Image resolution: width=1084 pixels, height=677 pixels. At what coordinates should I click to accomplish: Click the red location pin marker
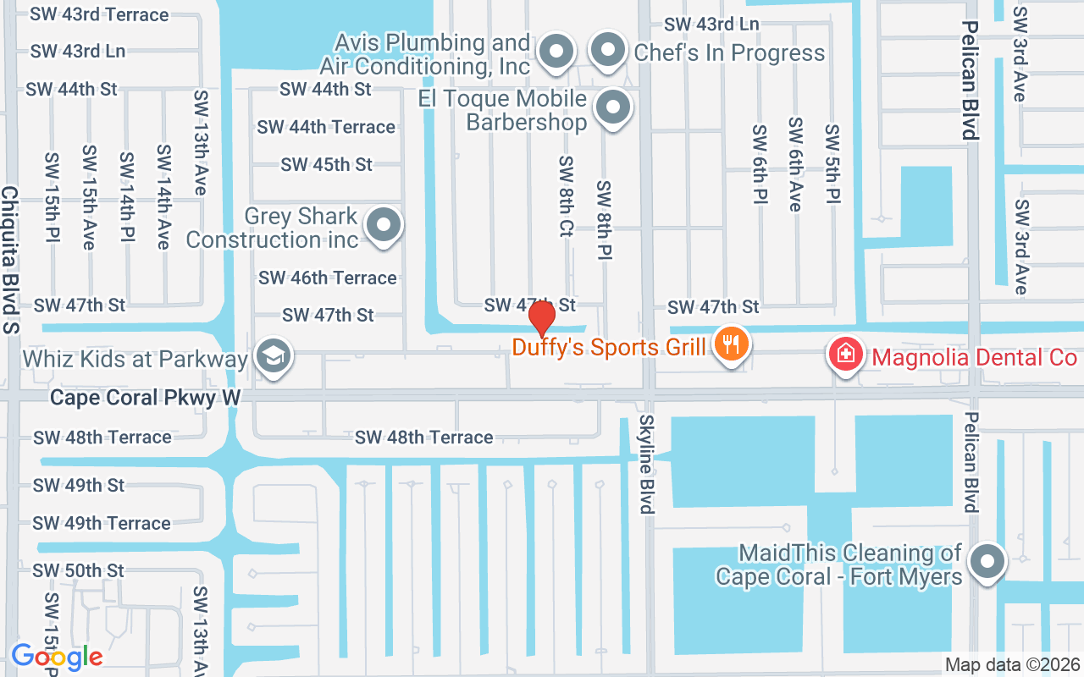point(542,318)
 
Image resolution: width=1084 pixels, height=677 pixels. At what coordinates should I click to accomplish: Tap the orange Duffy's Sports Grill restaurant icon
point(729,344)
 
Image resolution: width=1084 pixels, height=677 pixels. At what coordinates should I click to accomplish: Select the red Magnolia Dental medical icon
point(845,354)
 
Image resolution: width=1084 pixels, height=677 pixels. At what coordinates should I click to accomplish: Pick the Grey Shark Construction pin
point(384,225)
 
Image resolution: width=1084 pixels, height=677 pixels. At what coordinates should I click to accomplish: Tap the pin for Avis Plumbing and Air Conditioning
point(556,52)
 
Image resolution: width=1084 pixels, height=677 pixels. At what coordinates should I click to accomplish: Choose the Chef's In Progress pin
point(607,51)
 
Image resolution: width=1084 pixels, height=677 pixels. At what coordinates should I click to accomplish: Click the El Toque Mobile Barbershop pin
point(612,108)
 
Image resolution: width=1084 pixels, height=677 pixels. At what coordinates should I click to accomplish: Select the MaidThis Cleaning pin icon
point(987,561)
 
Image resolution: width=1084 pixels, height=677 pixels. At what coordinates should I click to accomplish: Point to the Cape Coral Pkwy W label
point(146,397)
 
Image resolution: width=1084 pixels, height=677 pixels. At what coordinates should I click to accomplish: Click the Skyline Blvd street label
point(647,464)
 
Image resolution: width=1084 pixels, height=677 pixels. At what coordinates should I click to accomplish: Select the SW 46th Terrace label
point(327,278)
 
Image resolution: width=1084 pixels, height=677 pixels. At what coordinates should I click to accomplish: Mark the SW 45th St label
point(326,164)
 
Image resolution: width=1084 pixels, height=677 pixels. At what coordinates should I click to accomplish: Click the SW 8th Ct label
point(566,195)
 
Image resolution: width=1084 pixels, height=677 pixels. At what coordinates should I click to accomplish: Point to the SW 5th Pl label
point(832,164)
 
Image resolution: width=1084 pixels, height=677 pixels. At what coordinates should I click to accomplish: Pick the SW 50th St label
point(79,570)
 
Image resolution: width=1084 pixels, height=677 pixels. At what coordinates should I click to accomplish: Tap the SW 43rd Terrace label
point(99,14)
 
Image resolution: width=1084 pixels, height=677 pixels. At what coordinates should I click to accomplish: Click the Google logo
point(57,656)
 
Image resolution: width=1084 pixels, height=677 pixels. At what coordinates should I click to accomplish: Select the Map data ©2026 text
point(1013,664)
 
